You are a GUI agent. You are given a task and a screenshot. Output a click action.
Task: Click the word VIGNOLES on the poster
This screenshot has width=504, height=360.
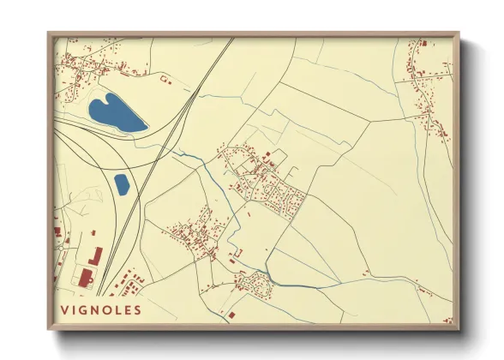[x=100, y=310]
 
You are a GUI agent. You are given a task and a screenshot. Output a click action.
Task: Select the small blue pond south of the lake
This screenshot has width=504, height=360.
[x=122, y=183]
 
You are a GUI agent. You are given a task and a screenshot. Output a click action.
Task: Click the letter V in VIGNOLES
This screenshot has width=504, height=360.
[x=64, y=310]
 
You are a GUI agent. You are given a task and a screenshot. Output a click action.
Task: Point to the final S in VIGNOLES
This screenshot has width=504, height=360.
[x=137, y=310]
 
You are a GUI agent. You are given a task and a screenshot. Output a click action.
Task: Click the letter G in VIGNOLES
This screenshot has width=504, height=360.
[x=84, y=310]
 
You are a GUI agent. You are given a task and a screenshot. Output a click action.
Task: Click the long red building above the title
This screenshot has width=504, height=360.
[x=95, y=255]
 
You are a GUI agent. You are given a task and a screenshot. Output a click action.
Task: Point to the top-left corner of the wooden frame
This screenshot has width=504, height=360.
[x=50, y=34]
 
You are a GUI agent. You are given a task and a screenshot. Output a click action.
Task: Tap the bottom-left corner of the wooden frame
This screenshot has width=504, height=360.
[x=50, y=327]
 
